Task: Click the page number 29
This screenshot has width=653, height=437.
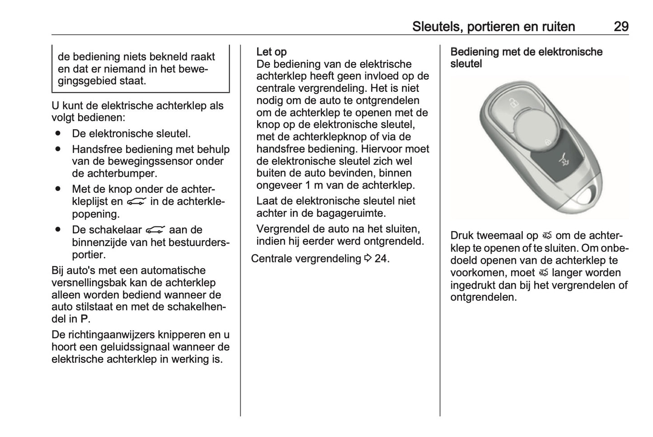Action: click(x=620, y=27)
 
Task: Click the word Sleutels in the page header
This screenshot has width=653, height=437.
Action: click(x=436, y=27)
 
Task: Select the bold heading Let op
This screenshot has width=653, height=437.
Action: click(x=271, y=52)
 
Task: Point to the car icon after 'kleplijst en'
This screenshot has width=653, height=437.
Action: click(x=136, y=202)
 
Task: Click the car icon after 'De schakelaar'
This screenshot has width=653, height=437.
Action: click(x=155, y=230)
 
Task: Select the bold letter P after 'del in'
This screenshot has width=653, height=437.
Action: click(x=84, y=319)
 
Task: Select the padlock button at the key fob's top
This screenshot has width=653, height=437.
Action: click(x=512, y=103)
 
